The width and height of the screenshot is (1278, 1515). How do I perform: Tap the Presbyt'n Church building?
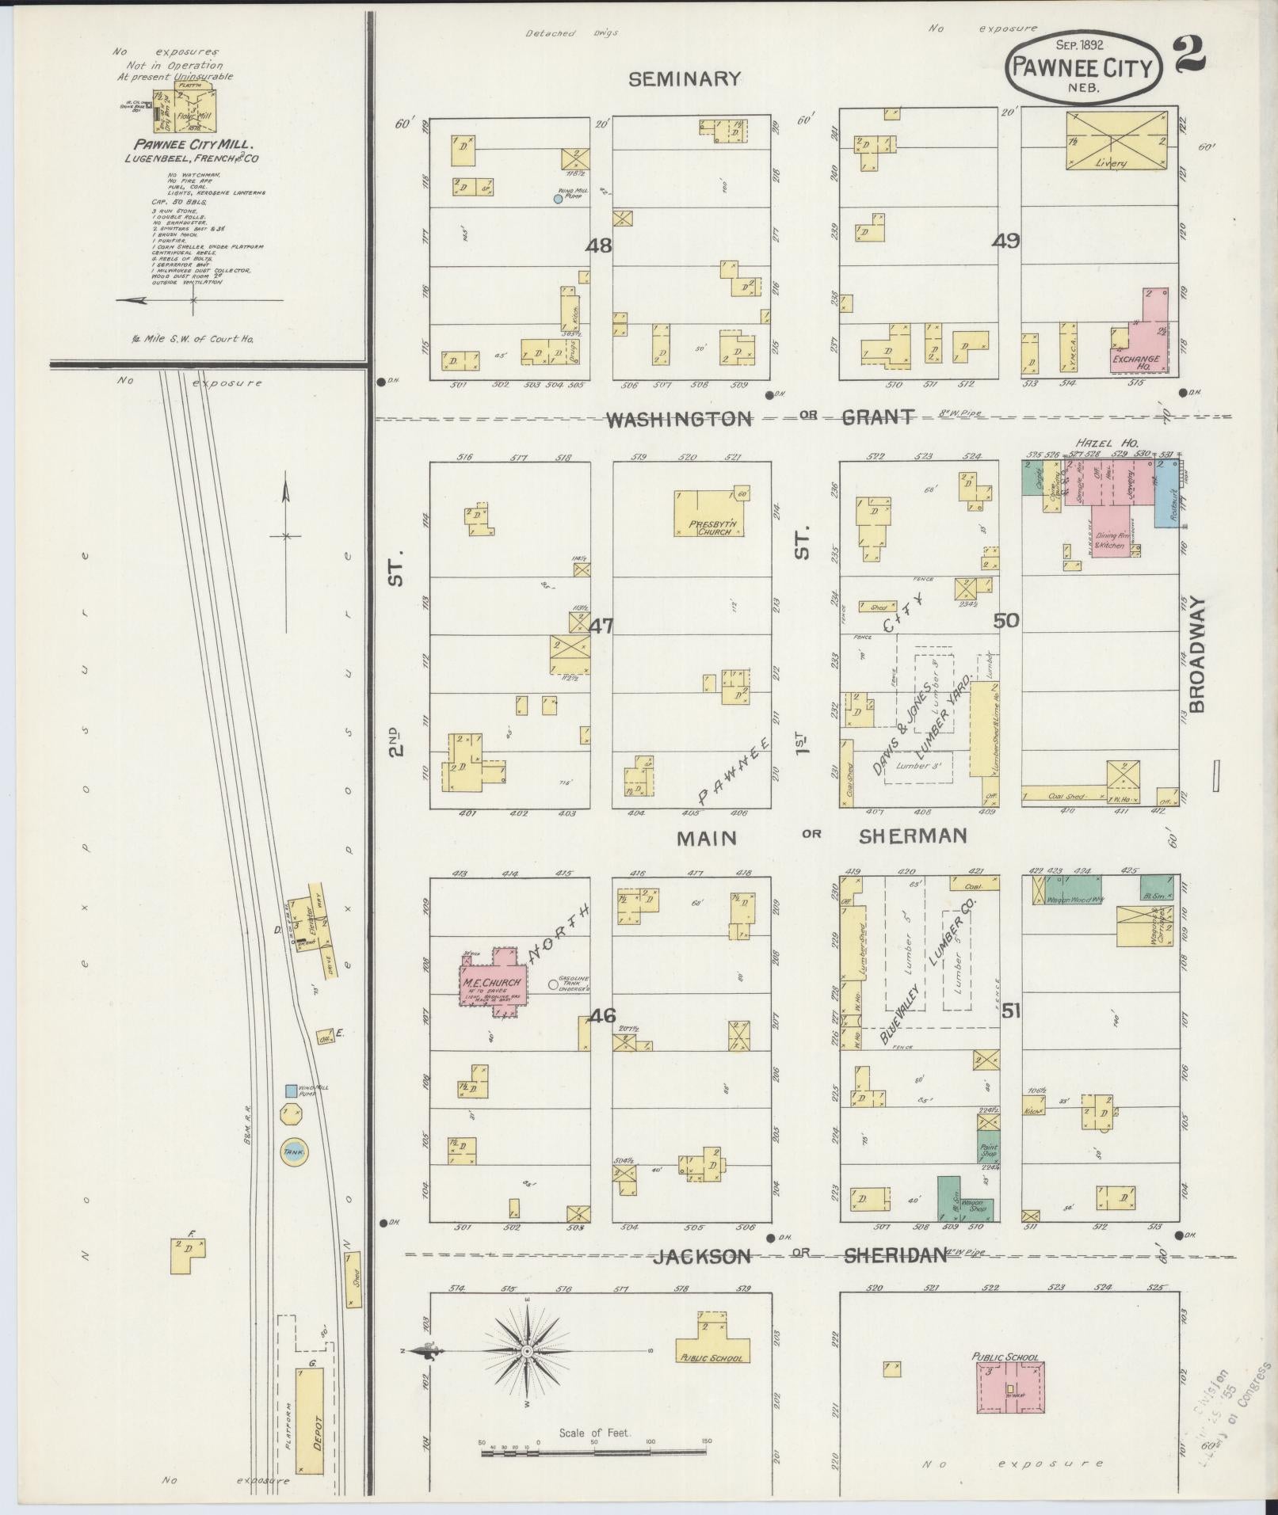click(x=708, y=513)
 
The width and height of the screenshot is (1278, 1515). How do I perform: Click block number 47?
click(x=601, y=626)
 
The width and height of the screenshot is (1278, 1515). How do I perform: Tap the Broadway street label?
click(x=1196, y=653)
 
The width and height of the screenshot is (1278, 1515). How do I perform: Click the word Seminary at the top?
click(x=685, y=78)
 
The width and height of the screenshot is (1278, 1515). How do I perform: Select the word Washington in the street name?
click(x=678, y=419)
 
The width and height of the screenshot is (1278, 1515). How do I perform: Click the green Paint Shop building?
click(x=988, y=1147)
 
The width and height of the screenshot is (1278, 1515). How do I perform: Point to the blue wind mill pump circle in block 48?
click(x=558, y=199)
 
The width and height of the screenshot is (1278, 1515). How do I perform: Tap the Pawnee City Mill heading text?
click(x=193, y=145)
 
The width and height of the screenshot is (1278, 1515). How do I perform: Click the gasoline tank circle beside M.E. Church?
click(x=553, y=986)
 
